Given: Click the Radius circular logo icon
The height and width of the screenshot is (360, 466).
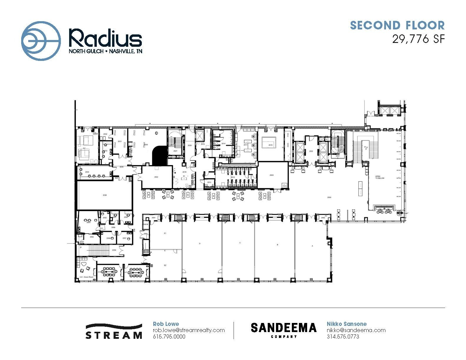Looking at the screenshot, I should pyautogui.click(x=41, y=41).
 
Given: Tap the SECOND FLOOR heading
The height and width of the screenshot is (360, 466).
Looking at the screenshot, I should pyautogui.click(x=397, y=26).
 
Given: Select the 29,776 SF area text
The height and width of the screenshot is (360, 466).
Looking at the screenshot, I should pyautogui.click(x=418, y=39).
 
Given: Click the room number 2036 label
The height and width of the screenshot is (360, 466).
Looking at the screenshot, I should pyautogui.click(x=105, y=195).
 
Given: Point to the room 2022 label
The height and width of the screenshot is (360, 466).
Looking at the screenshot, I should pyautogui.click(x=156, y=177).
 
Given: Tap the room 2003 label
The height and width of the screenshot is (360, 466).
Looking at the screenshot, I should pyautogui.click(x=272, y=175).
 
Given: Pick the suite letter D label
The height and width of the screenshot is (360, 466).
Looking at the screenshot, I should pyautogui.click(x=200, y=244).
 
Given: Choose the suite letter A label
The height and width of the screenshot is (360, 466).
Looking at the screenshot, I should pyautogui.click(x=312, y=245).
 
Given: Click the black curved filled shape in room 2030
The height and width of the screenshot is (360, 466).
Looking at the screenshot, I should pyautogui.click(x=160, y=155).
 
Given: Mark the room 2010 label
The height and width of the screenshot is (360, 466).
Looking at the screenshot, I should pyautogui.click(x=270, y=145).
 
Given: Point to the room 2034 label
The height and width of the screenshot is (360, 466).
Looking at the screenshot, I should pyautogui.click(x=87, y=172).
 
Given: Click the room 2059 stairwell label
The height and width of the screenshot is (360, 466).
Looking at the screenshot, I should pyautogui.click(x=114, y=250).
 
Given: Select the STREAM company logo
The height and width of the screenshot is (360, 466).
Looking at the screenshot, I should pyautogui.click(x=114, y=331).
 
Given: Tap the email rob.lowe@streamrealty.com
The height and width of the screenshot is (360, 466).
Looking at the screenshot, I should pyautogui.click(x=189, y=330).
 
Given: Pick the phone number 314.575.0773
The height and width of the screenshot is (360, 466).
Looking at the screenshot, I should pyautogui.click(x=343, y=336).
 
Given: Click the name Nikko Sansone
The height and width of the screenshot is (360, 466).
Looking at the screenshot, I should pyautogui.click(x=347, y=324).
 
